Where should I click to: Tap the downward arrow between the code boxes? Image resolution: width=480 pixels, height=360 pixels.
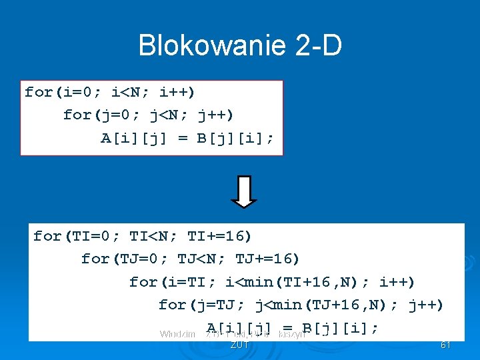click(x=244, y=191)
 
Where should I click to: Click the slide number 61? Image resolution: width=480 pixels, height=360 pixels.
click(x=446, y=345)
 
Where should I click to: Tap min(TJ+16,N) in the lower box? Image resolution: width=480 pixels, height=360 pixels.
click(x=331, y=305)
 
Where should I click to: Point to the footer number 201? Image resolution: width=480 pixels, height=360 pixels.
click(x=239, y=345)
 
